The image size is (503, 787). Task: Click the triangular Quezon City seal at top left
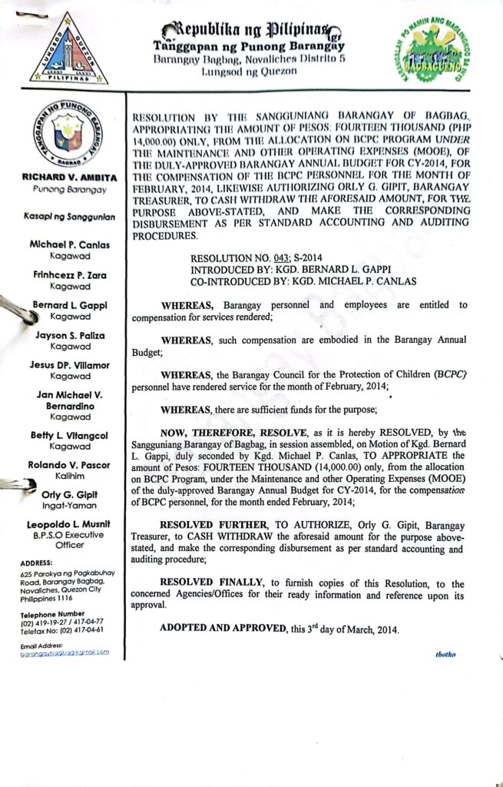(x=69, y=49)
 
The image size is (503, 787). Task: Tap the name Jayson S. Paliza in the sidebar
(x=70, y=336)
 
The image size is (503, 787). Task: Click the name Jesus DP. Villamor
(x=70, y=365)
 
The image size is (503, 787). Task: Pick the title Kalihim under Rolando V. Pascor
(x=70, y=477)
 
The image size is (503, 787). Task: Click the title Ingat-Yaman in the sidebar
(x=70, y=506)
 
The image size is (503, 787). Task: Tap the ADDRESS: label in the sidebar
(x=38, y=563)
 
